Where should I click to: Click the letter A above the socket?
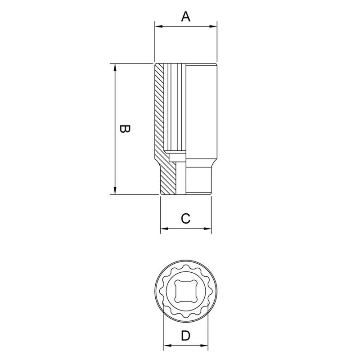[186, 17]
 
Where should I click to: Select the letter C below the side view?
[186, 219]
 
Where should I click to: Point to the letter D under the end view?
[185, 336]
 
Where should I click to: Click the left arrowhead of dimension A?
[157, 27]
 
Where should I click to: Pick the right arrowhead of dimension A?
[214, 27]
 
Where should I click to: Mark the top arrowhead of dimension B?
[115, 67]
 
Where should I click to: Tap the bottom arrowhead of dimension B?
[115, 191]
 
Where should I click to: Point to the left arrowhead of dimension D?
[166, 346]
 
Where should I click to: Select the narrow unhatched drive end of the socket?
[198, 180]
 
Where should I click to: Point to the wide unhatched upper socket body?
[202, 108]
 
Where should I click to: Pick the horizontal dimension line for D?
[185, 346]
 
